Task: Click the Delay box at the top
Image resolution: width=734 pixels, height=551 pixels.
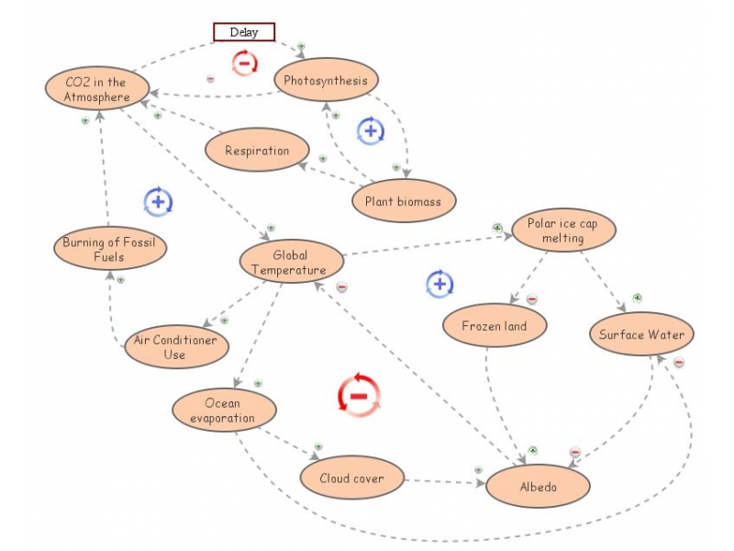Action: click(244, 32)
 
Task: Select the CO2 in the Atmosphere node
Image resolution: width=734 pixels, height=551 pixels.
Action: click(96, 89)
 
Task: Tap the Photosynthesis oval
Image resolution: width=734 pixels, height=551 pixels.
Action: click(326, 81)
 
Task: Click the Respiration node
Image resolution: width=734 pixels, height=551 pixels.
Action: click(257, 151)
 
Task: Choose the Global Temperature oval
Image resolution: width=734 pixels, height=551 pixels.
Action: click(291, 263)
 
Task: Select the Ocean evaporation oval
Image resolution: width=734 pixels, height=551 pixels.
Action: click(223, 410)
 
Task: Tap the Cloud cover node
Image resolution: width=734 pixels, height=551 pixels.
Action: click(351, 478)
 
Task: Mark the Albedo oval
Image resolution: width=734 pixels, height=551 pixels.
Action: click(539, 487)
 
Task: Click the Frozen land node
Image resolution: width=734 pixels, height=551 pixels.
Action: click(495, 325)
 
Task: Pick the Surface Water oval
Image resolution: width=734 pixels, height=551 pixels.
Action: click(641, 334)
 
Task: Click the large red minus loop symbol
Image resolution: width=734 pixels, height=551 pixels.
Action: click(359, 396)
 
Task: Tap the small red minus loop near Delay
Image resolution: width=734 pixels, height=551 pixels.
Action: click(244, 63)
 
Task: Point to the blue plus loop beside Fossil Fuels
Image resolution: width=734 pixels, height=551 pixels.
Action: click(158, 201)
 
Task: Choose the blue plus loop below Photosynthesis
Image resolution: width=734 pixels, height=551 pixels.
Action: click(371, 130)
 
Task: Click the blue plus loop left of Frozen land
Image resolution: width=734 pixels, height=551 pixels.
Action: click(439, 285)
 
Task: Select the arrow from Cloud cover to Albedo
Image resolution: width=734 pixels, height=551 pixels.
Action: click(443, 480)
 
